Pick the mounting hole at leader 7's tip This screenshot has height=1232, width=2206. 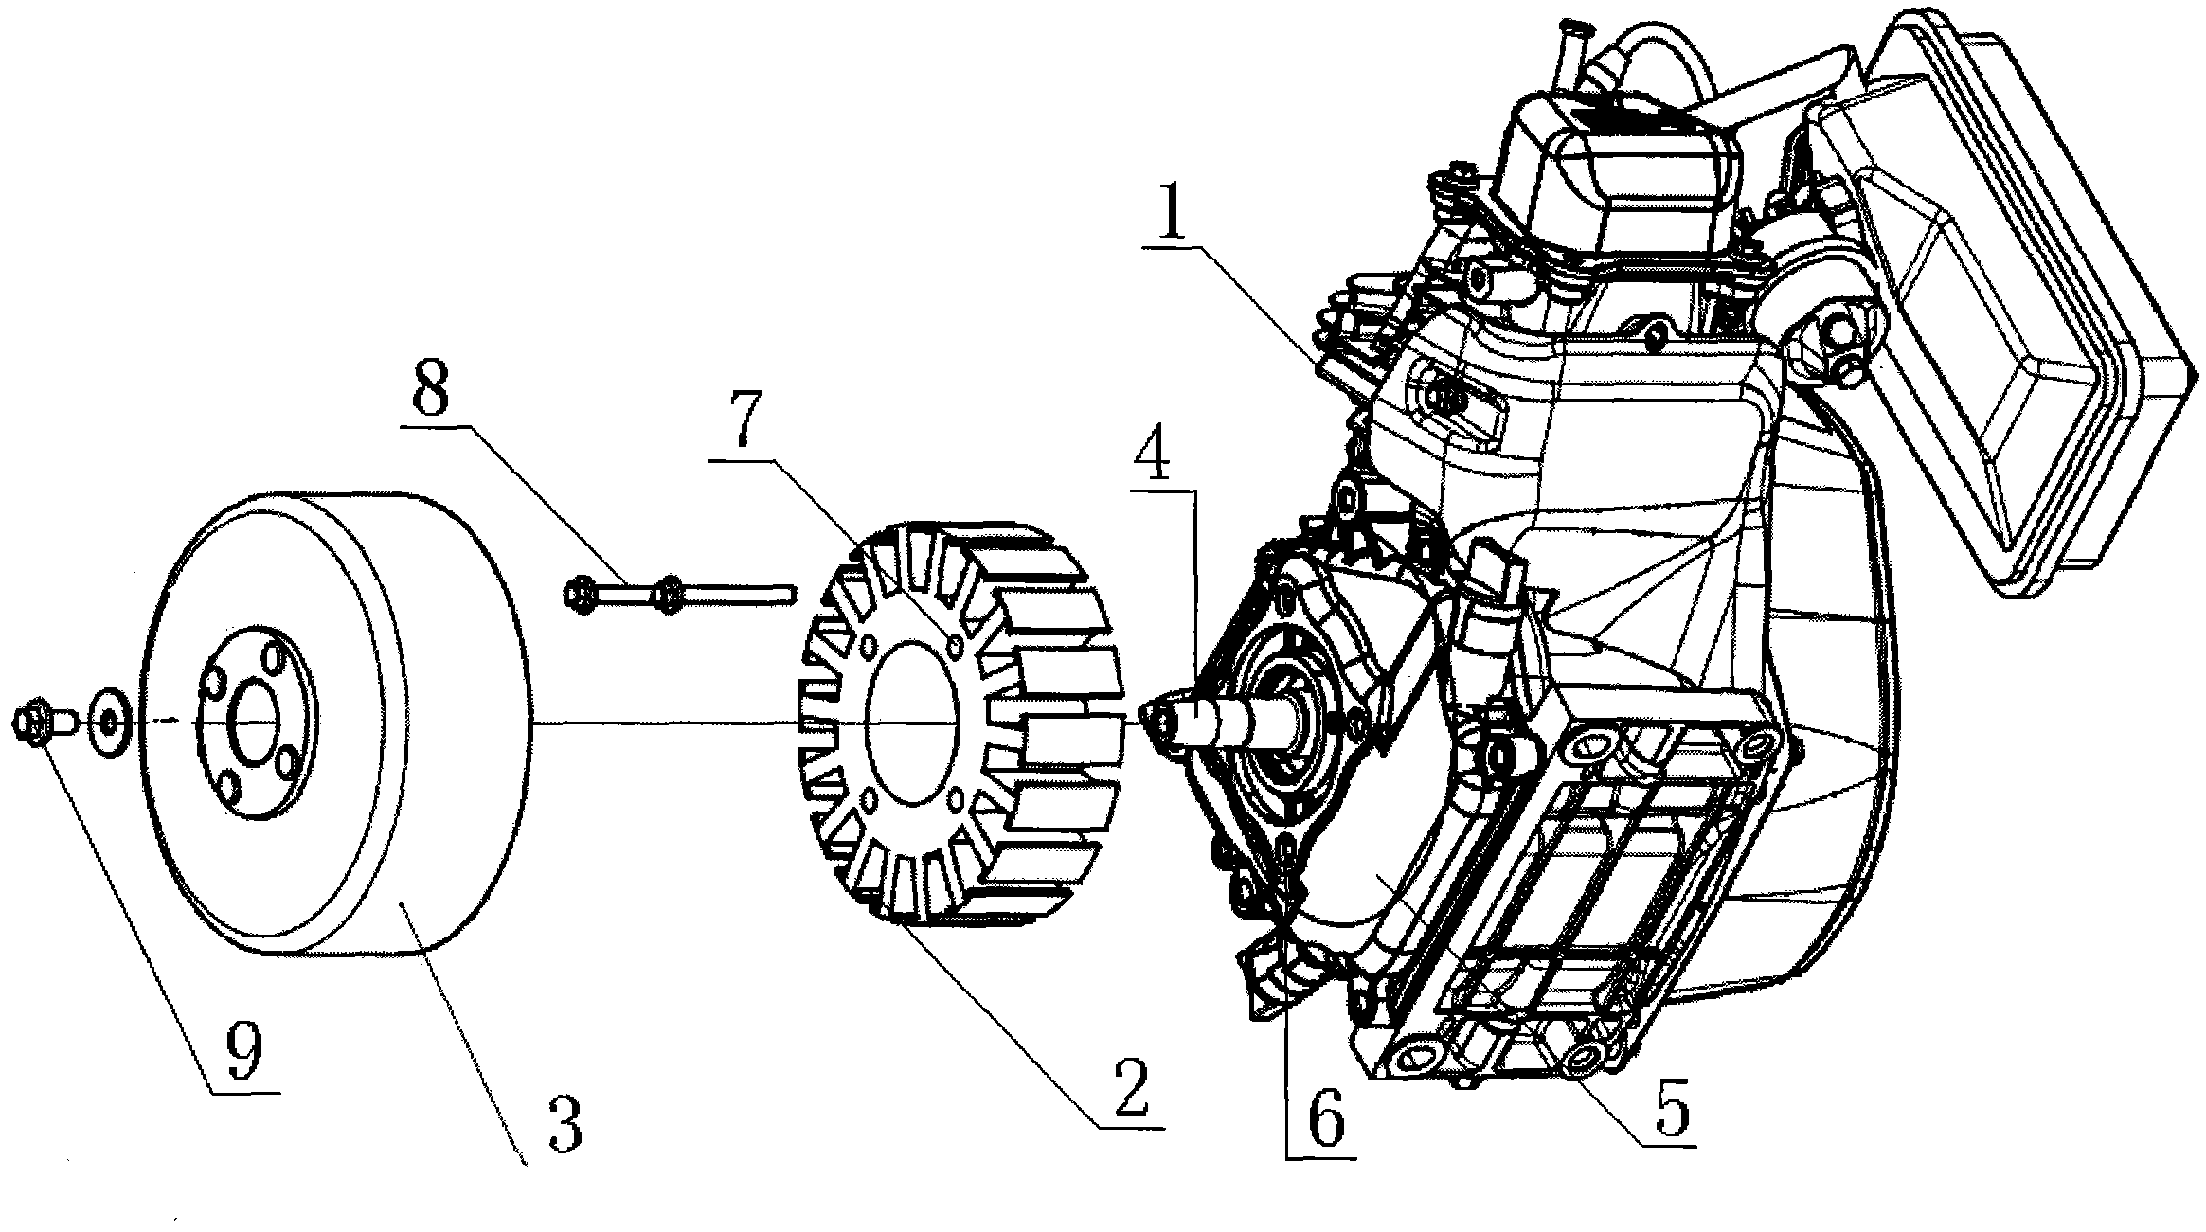[955, 648]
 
